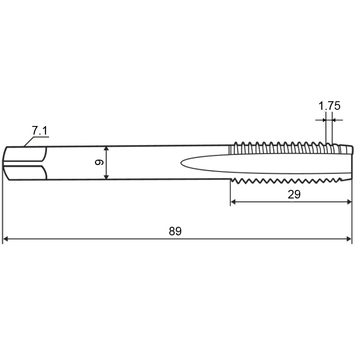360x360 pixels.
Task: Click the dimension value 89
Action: click(x=175, y=231)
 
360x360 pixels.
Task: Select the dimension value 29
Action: click(x=294, y=194)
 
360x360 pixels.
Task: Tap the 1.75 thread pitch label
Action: click(x=329, y=106)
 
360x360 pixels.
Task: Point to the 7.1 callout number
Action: click(x=40, y=130)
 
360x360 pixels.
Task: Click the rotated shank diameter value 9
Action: click(x=99, y=162)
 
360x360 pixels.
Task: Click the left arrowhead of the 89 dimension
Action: click(x=5, y=239)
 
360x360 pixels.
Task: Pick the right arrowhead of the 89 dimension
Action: click(x=349, y=239)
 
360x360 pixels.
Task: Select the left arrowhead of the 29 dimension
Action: click(x=233, y=202)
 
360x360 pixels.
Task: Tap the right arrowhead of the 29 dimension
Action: click(x=349, y=202)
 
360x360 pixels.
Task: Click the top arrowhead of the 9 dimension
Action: click(x=106, y=149)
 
